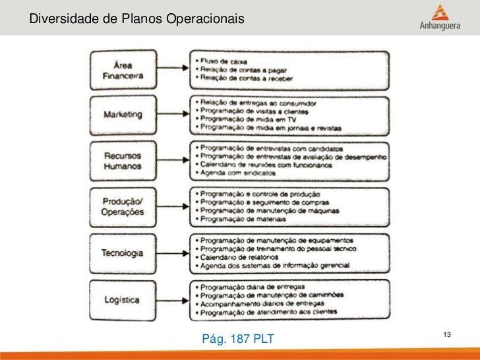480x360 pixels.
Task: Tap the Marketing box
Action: pyautogui.click(x=123, y=114)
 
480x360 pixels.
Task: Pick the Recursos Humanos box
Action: pyautogui.click(x=123, y=161)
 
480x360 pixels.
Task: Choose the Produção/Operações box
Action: pyautogui.click(x=123, y=206)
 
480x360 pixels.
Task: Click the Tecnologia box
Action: pyautogui.click(x=123, y=253)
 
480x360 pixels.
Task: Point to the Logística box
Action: pyautogui.click(x=122, y=299)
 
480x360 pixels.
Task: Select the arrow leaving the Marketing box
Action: pyautogui.click(x=173, y=115)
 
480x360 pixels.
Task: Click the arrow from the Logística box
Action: pyautogui.click(x=173, y=299)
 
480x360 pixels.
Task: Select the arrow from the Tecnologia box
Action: pyautogui.click(x=173, y=253)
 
